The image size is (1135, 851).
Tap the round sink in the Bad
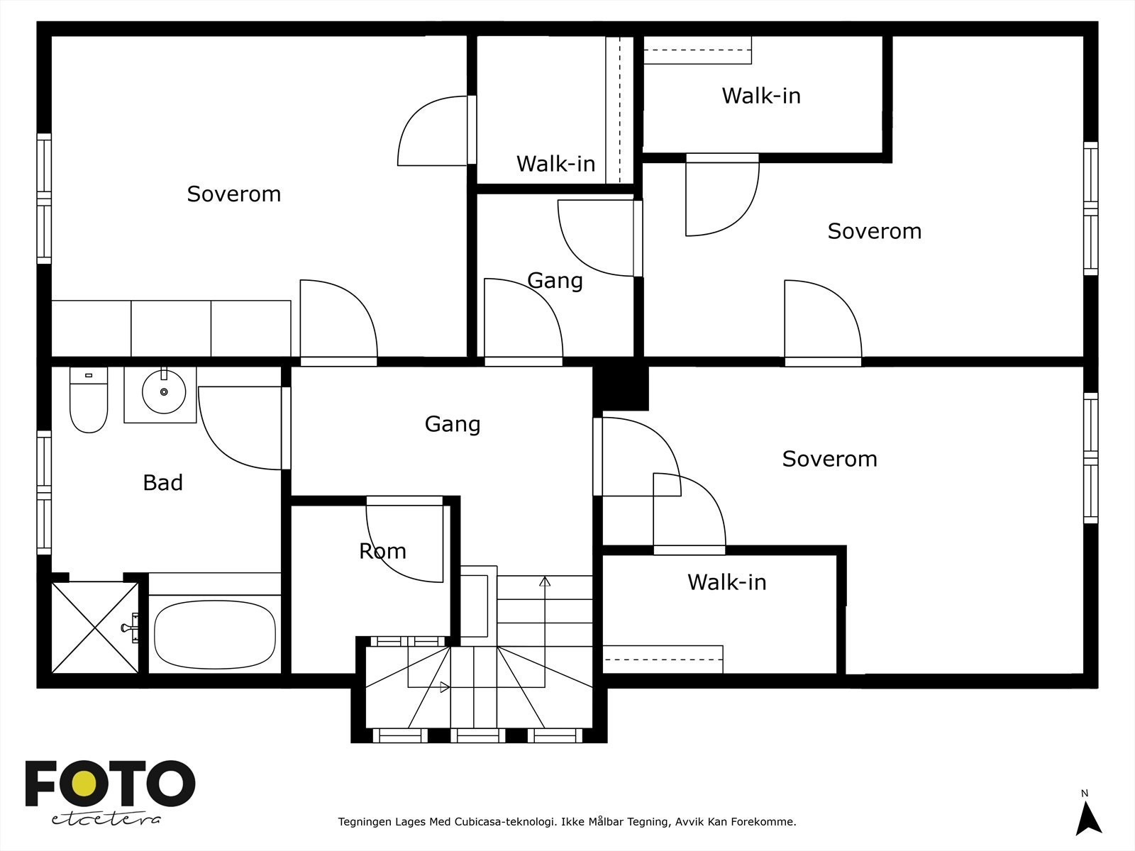pyautogui.click(x=164, y=391)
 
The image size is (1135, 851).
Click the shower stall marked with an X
pyautogui.click(x=95, y=628)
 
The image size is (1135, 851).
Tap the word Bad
pyautogui.click(x=162, y=483)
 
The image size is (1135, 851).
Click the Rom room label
pyautogui.click(x=382, y=551)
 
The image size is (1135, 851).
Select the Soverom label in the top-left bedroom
pyautogui.click(x=233, y=194)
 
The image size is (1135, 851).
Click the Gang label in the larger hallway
pyautogui.click(x=453, y=424)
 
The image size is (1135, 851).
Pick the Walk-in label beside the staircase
pyautogui.click(x=726, y=582)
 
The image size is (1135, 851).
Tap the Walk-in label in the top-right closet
pyautogui.click(x=761, y=96)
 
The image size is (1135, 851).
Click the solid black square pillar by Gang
pyautogui.click(x=621, y=388)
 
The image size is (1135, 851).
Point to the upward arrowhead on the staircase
pyautogui.click(x=545, y=582)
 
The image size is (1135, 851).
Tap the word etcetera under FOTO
pyautogui.click(x=106, y=819)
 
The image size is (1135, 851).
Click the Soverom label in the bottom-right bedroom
pyautogui.click(x=829, y=459)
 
